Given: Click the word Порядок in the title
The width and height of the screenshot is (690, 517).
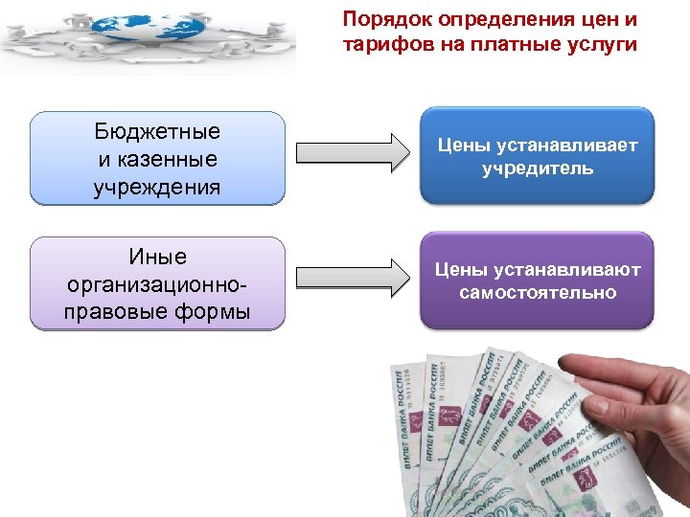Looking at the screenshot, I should pyautogui.click(x=377, y=19).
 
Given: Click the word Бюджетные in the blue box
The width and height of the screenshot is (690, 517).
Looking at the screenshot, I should pyautogui.click(x=157, y=131).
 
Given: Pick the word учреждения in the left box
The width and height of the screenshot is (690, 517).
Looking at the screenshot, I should pyautogui.click(x=157, y=185).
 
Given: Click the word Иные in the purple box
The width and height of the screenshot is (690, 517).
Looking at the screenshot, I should pyautogui.click(x=157, y=257).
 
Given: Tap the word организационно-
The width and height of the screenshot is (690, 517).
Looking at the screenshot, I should pyautogui.click(x=157, y=284).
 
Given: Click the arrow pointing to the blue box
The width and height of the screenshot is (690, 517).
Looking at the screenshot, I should pyautogui.click(x=352, y=153).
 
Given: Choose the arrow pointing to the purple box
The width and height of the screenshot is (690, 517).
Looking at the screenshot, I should pyautogui.click(x=352, y=278).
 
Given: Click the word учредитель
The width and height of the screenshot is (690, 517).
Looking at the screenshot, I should pyautogui.click(x=538, y=169).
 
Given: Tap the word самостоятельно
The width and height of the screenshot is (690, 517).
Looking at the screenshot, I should pyautogui.click(x=538, y=293).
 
